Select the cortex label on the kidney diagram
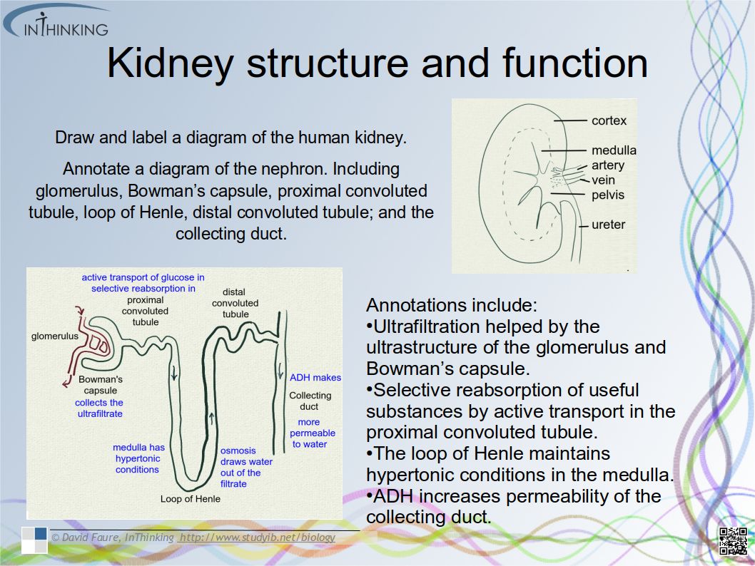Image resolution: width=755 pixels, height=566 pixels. (x=609, y=120)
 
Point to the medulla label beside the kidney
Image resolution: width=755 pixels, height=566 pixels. (x=613, y=150)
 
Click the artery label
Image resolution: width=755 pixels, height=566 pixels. (x=607, y=165)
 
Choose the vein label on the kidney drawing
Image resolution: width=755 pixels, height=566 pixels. (x=603, y=180)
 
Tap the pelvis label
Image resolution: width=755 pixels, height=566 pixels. (x=607, y=195)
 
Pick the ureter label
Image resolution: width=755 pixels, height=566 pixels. (x=608, y=225)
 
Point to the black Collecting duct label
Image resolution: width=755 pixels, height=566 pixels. (x=310, y=401)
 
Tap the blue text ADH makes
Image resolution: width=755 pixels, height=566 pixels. (x=315, y=377)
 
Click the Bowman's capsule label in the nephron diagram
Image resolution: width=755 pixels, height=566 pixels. (x=101, y=385)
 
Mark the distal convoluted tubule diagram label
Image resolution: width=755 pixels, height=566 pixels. (x=235, y=303)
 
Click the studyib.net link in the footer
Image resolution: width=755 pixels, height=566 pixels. (x=257, y=537)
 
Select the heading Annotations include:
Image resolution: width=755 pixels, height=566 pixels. (x=451, y=306)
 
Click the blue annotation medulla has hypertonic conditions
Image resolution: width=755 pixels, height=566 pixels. (x=138, y=458)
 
